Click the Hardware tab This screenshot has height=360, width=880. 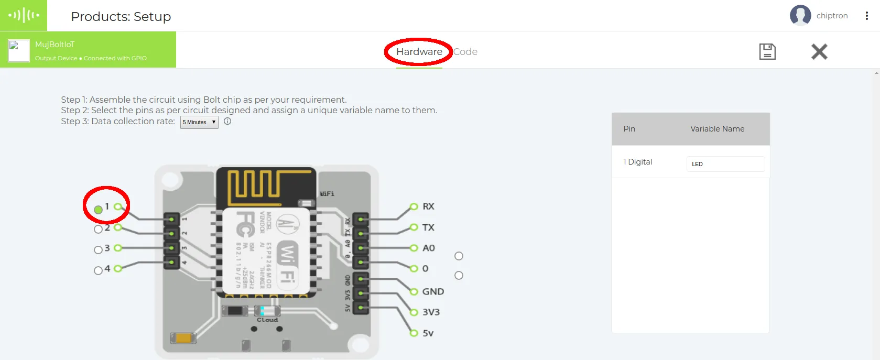[x=419, y=52]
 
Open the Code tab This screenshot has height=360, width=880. [x=465, y=52]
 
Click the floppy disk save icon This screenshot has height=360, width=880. [x=767, y=51]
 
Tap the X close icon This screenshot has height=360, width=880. [x=819, y=51]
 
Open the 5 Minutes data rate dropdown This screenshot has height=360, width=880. [x=199, y=122]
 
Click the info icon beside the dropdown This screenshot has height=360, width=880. [x=227, y=121]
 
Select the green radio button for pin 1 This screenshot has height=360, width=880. [x=98, y=210]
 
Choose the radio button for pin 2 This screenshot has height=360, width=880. [x=98, y=229]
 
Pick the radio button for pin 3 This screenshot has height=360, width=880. [x=98, y=250]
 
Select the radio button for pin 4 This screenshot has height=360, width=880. [x=98, y=270]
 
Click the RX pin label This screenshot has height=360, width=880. [x=428, y=206]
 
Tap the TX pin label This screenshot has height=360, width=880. [x=428, y=227]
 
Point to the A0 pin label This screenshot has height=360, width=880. [x=428, y=248]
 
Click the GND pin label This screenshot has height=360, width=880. [x=433, y=292]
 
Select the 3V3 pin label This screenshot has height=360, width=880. [x=431, y=312]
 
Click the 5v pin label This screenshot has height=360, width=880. [x=428, y=333]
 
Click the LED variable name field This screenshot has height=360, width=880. [x=725, y=164]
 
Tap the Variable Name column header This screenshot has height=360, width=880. [x=717, y=129]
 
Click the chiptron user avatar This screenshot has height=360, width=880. [x=800, y=16]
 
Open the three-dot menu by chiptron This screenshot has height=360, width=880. [x=867, y=16]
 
